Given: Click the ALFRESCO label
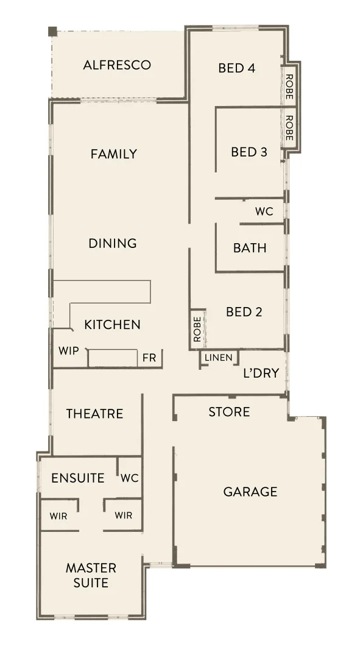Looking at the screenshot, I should click(x=117, y=65).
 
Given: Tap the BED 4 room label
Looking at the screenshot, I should click(x=236, y=68).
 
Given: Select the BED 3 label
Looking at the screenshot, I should click(x=249, y=152).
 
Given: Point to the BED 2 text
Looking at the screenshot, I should click(x=244, y=312).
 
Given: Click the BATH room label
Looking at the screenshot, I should click(x=250, y=248).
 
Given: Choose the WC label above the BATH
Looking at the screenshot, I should click(x=264, y=212).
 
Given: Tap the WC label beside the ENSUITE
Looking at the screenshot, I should click(x=129, y=478).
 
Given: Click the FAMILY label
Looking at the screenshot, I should click(x=114, y=154).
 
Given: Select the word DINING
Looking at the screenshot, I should click(x=113, y=244).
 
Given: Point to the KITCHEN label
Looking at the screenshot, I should click(x=112, y=325).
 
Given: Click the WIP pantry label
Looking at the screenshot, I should click(x=69, y=351).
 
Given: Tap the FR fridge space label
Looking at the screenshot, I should click(x=149, y=358).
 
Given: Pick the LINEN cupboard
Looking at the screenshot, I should click(x=218, y=358).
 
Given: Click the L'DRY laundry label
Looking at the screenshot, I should click(x=261, y=373).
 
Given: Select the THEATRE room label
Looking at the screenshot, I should click(x=94, y=414).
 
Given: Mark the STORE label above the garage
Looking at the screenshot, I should click(x=229, y=412).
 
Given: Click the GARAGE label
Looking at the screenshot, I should click(x=250, y=492).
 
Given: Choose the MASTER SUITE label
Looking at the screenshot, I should click(x=91, y=575).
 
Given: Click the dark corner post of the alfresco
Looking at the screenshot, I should click(x=52, y=31).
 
